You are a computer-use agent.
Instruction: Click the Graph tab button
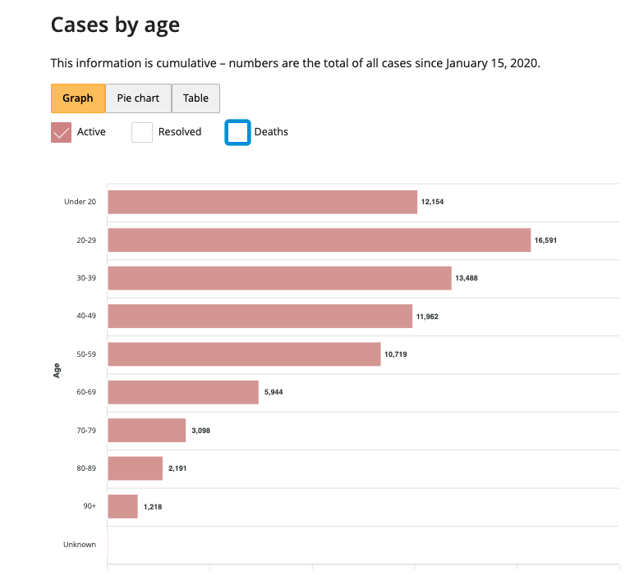click(x=78, y=98)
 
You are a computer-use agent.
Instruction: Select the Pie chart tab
click(x=138, y=98)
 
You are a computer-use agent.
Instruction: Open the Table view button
click(x=195, y=98)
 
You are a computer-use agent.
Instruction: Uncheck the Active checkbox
click(x=62, y=132)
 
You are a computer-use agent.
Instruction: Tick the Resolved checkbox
click(x=142, y=132)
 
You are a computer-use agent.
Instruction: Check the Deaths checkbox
click(x=237, y=132)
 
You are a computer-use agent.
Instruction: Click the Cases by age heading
click(x=115, y=25)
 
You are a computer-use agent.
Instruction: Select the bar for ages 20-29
click(x=319, y=240)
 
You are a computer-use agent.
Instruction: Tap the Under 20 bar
click(x=262, y=202)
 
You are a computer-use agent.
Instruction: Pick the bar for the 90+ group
click(x=122, y=507)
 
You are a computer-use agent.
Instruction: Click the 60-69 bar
click(x=183, y=392)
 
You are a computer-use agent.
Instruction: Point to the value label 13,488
click(x=466, y=278)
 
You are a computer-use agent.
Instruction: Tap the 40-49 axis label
click(x=86, y=316)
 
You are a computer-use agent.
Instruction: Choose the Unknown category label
click(x=80, y=545)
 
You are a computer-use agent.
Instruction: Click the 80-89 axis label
click(x=86, y=468)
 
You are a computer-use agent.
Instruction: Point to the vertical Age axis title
click(x=57, y=371)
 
